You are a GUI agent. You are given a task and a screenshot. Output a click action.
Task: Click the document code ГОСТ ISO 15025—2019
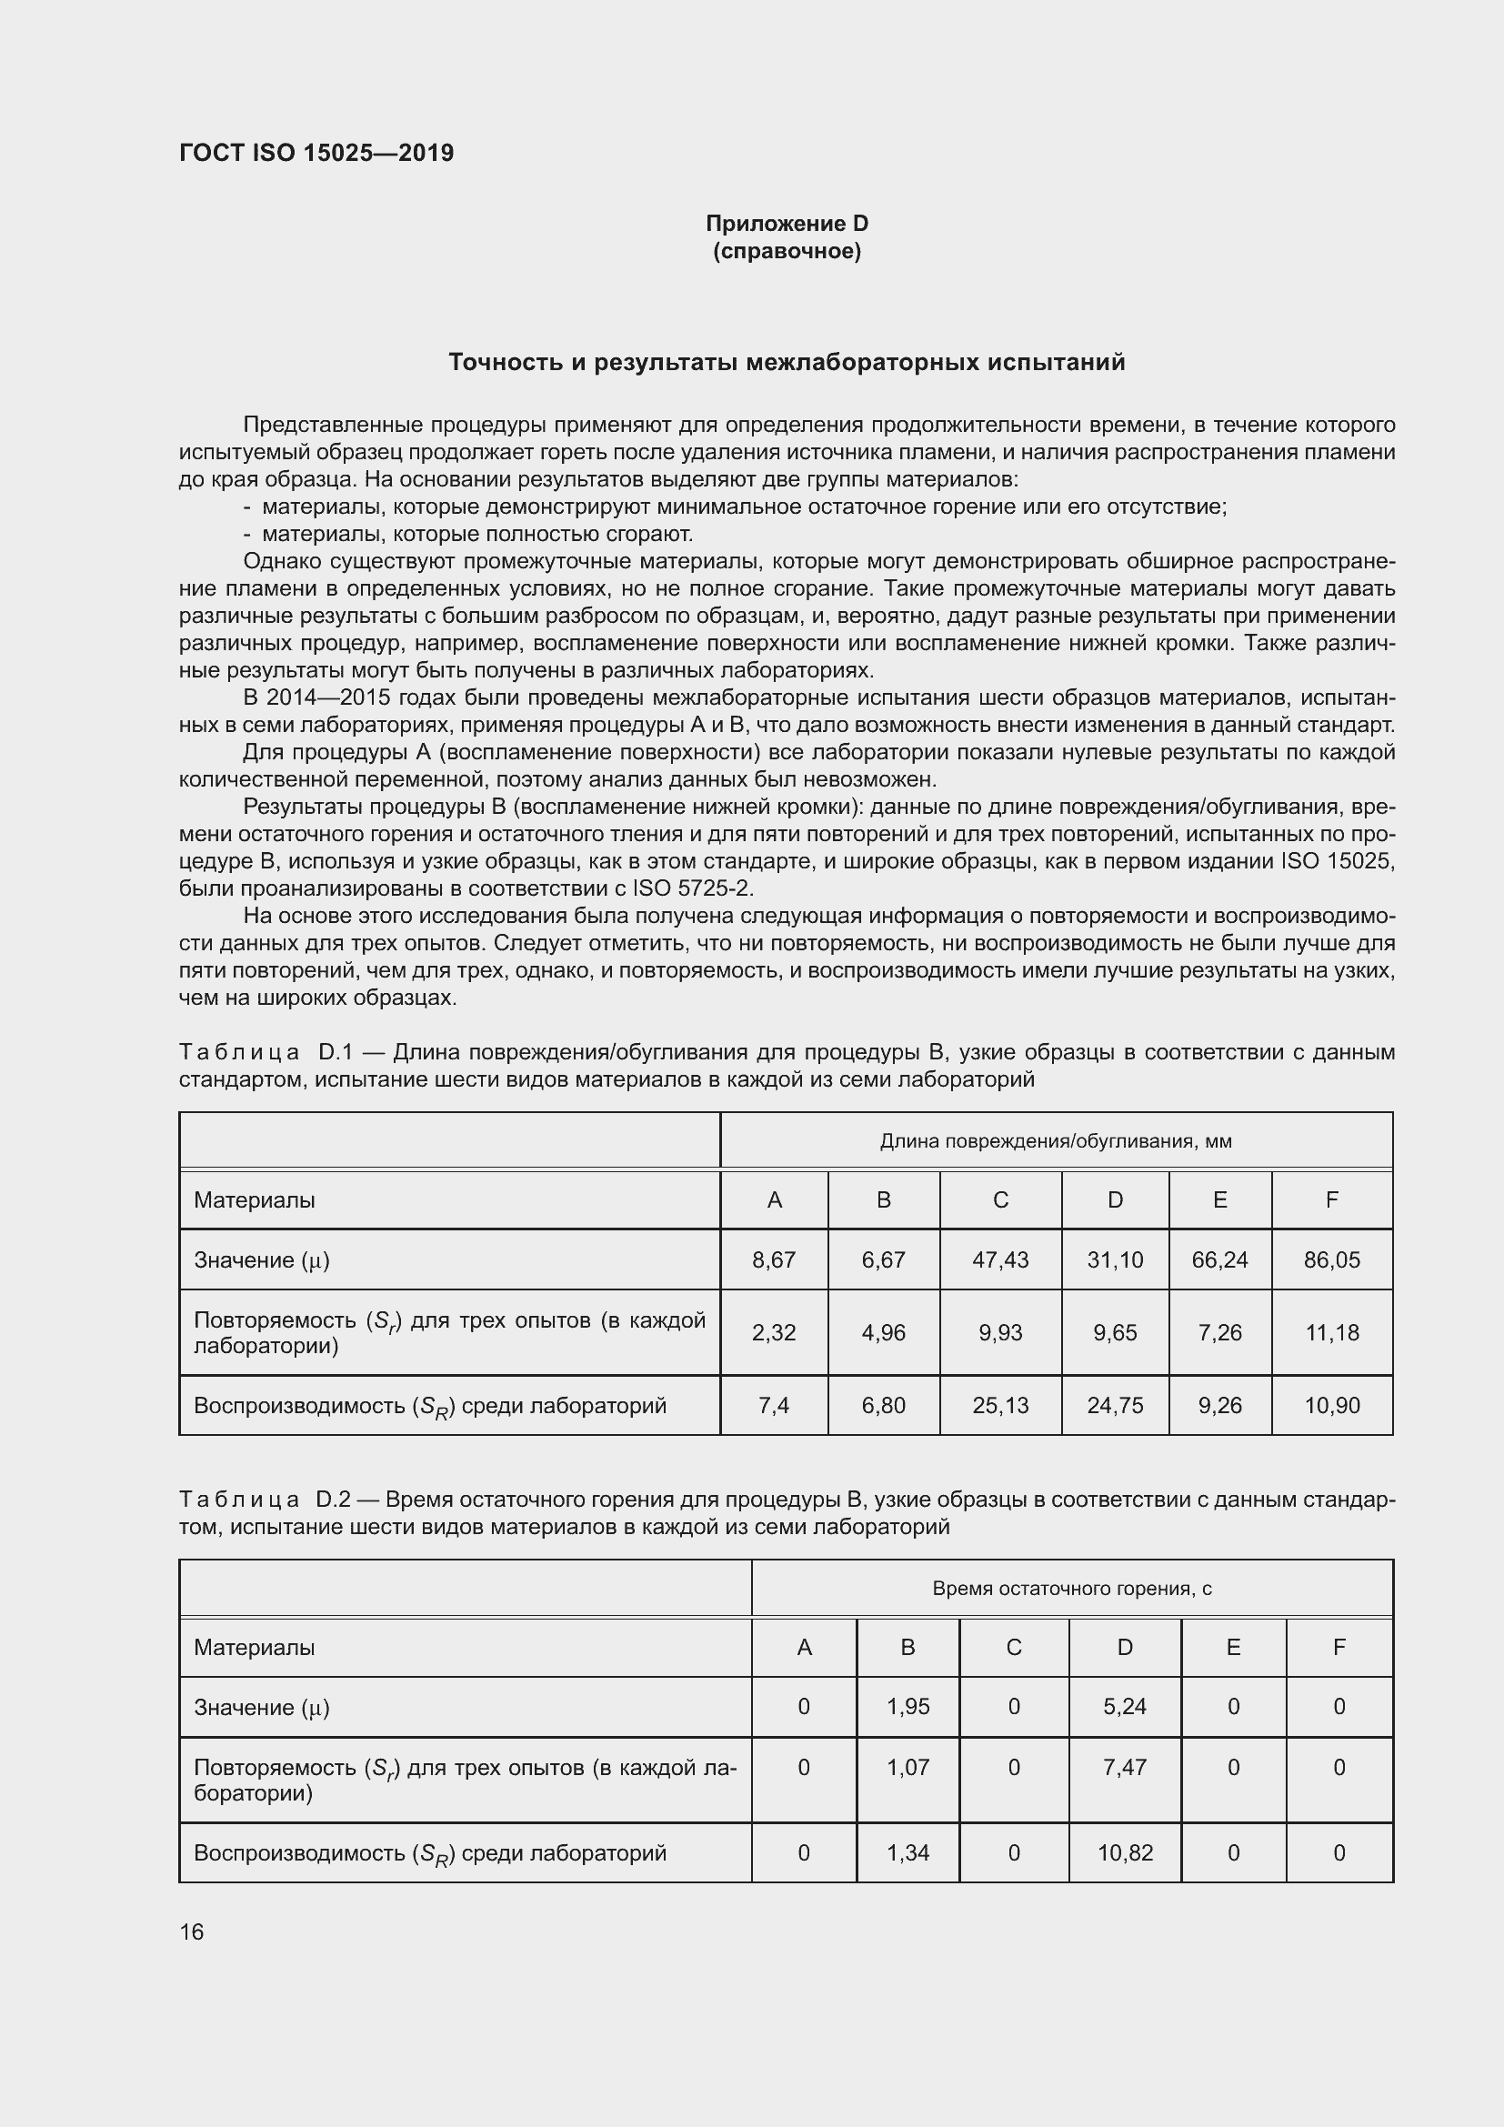316,153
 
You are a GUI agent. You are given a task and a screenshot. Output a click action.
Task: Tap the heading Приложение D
787,224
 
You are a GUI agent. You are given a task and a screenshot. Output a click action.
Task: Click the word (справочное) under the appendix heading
787,251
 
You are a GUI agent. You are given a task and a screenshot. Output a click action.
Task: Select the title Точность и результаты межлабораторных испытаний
787,362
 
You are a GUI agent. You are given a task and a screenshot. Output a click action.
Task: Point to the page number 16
192,1931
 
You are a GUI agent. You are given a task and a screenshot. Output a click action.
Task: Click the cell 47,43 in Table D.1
1000,1259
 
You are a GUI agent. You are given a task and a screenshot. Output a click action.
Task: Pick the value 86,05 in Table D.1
1331,1259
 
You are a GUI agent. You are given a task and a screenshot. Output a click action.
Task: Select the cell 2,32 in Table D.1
773,1332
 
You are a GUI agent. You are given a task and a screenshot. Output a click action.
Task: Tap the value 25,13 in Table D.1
1000,1405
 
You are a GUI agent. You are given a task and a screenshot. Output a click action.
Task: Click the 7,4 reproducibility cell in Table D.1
773,1405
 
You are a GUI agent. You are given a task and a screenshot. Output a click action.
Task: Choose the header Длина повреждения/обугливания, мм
1055,1141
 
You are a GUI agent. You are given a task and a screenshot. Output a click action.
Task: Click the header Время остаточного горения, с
1071,1589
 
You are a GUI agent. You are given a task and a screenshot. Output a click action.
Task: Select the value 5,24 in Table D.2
1124,1706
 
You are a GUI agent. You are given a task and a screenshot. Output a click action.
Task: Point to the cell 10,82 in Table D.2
1124,1852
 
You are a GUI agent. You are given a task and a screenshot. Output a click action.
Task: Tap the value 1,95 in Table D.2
907,1706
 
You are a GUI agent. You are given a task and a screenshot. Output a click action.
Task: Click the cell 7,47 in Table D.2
1124,1767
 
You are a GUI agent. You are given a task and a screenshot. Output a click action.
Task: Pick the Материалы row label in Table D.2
254,1647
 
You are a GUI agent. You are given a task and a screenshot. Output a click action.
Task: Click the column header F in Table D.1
1331,1199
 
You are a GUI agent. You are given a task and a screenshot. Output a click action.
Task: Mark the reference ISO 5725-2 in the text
693,888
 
